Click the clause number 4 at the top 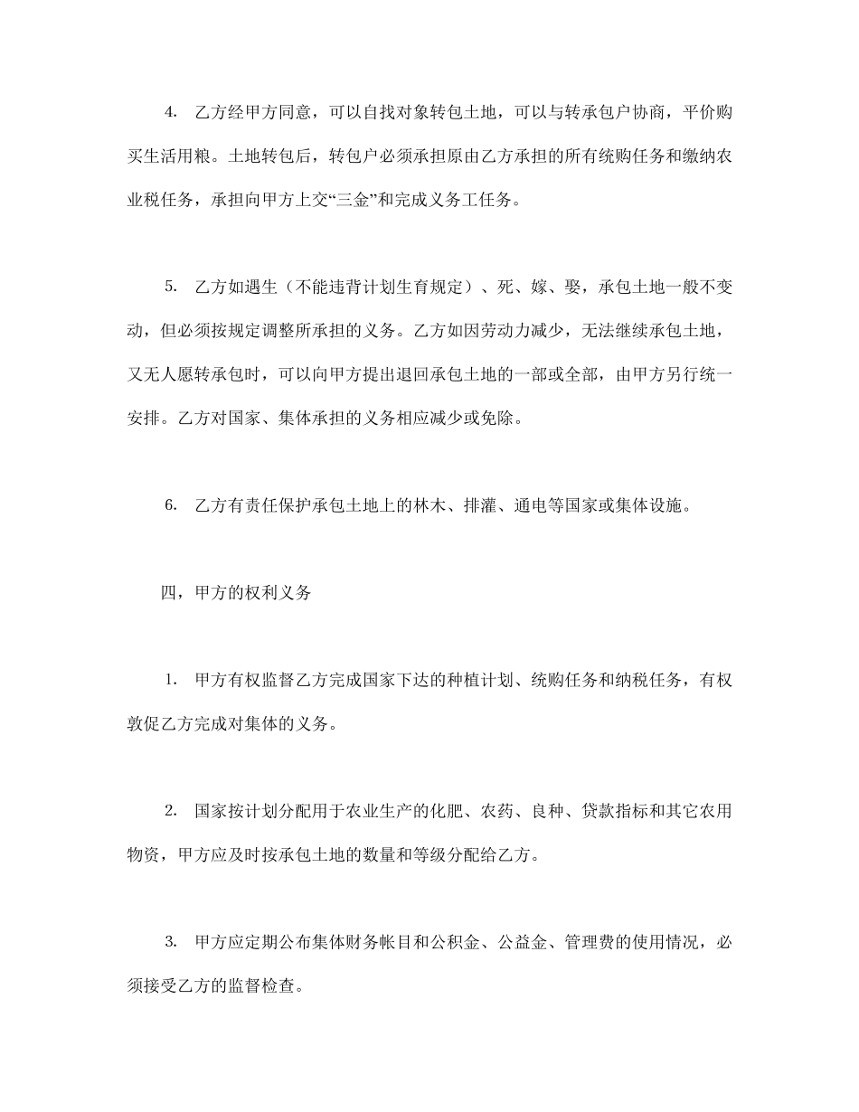170,112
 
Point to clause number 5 170,287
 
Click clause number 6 170,505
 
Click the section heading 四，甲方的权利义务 236,593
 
